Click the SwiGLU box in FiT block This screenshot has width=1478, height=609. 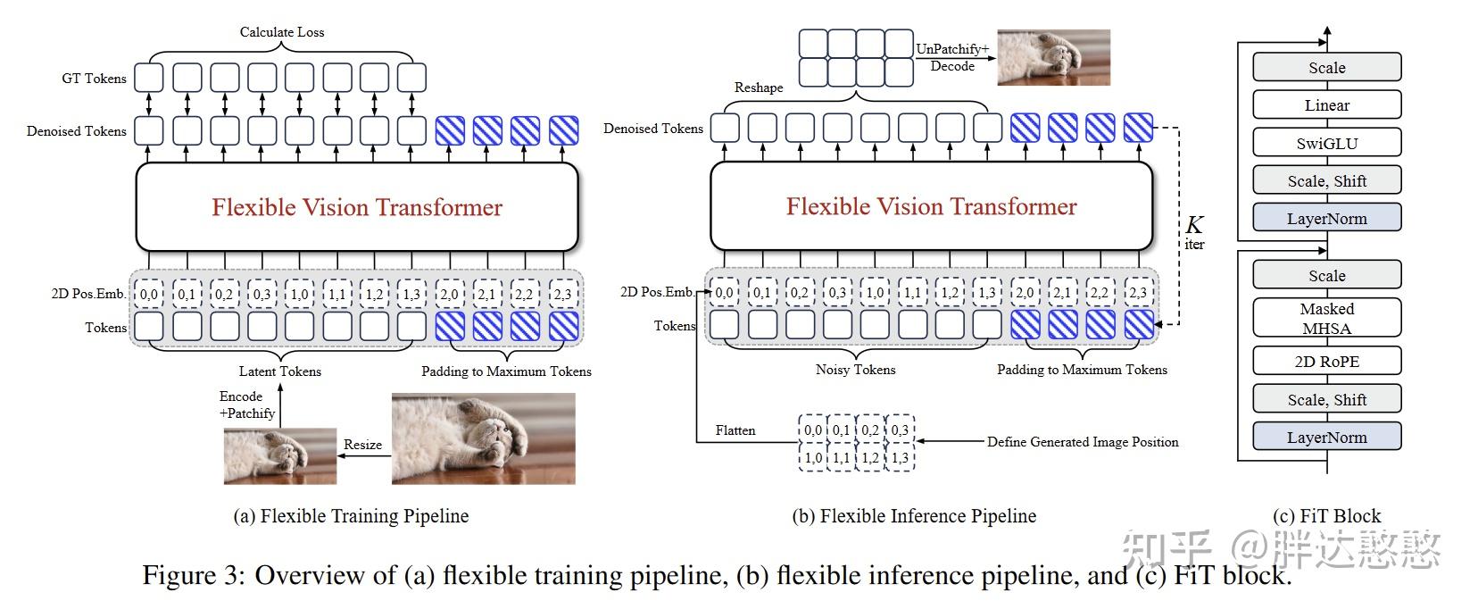pyautogui.click(x=1326, y=143)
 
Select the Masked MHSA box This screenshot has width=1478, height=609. pyautogui.click(x=1326, y=318)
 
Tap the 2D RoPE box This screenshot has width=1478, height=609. pyautogui.click(x=1326, y=362)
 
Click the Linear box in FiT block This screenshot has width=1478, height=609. pyautogui.click(x=1326, y=105)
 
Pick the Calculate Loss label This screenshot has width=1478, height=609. pyautogui.click(x=282, y=32)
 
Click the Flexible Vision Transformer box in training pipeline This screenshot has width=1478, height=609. pyautogui.click(x=357, y=207)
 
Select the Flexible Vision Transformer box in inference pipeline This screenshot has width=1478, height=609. pyautogui.click(x=931, y=206)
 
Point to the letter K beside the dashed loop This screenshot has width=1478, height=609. pyautogui.click(x=1194, y=225)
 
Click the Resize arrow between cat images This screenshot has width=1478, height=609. pyautogui.click(x=363, y=456)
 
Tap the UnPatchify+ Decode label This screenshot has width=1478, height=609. pyautogui.click(x=952, y=57)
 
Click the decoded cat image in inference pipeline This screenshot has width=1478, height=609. pyautogui.click(x=1053, y=57)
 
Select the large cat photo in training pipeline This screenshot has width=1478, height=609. pyautogui.click(x=483, y=439)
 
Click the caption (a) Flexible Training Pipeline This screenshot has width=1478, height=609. pyautogui.click(x=351, y=516)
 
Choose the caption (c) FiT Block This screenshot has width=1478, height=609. pyautogui.click(x=1326, y=516)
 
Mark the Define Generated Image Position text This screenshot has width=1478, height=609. pyautogui.click(x=1082, y=442)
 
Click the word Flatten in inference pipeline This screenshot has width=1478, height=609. pyautogui.click(x=735, y=430)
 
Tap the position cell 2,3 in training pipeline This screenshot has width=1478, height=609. pyautogui.click(x=563, y=294)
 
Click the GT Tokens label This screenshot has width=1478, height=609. pyautogui.click(x=94, y=79)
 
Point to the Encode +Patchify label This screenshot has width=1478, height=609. pyautogui.click(x=247, y=405)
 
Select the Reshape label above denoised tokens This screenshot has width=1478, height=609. pyautogui.click(x=759, y=88)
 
